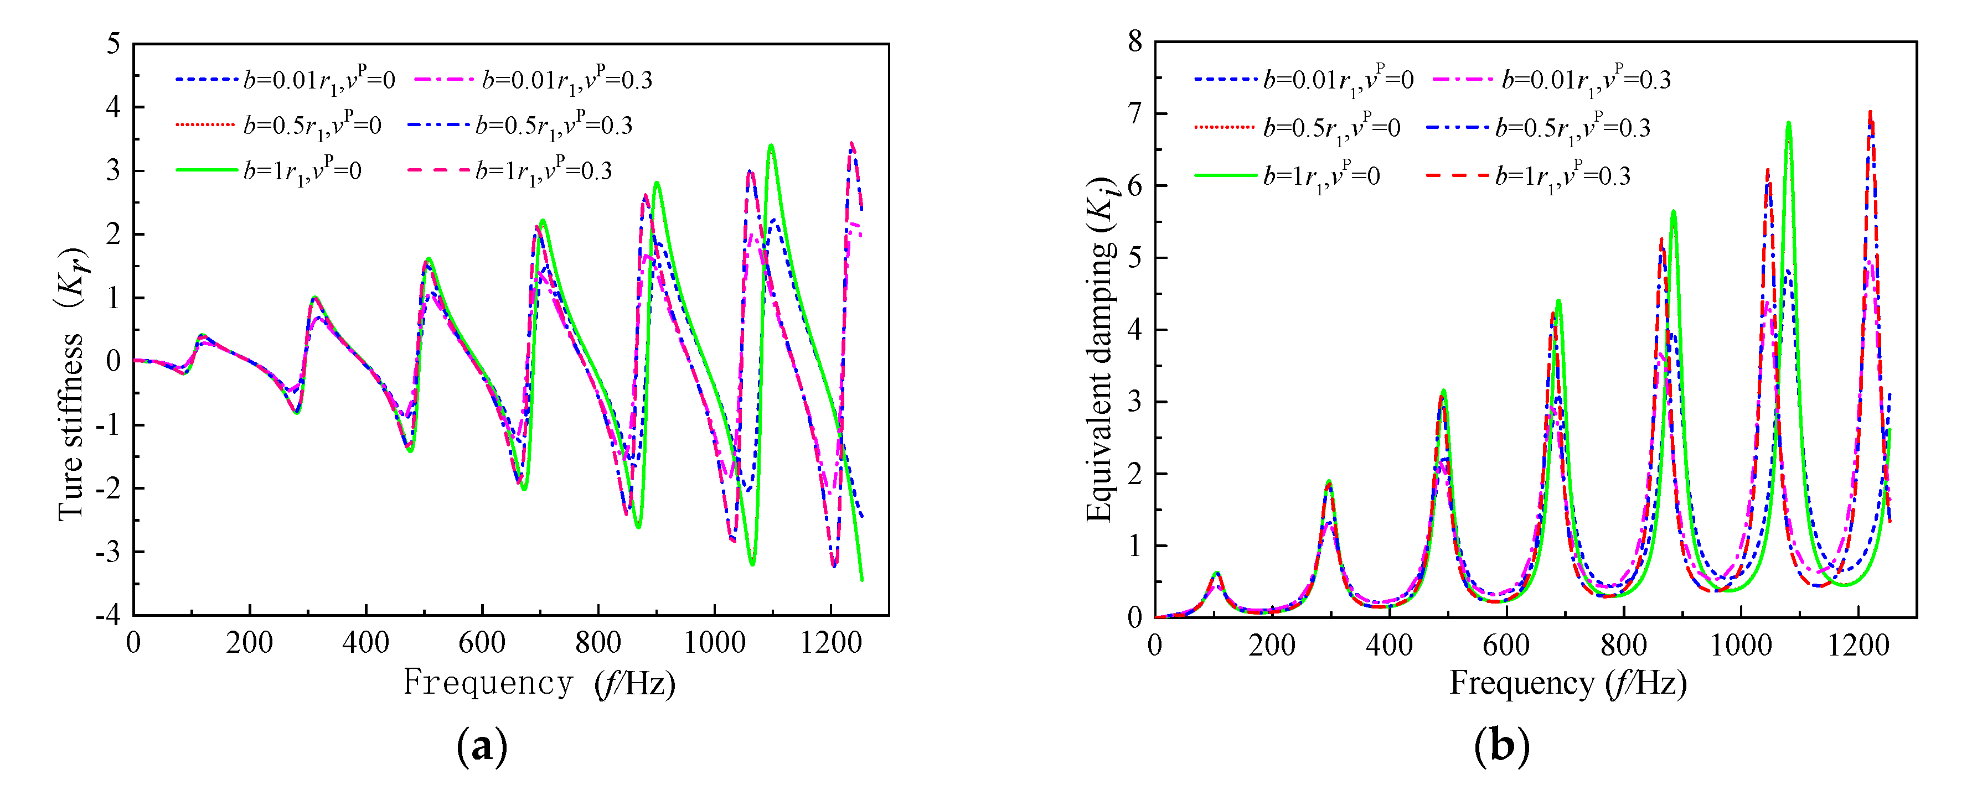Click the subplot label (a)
click(482, 745)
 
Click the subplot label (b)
click(1501, 745)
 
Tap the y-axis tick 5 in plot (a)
click(113, 44)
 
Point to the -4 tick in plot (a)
click(108, 615)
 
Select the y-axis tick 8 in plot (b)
click(1135, 41)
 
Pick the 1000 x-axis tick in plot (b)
click(1741, 645)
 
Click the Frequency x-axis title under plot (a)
click(540, 683)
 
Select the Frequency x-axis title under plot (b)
click(1568, 683)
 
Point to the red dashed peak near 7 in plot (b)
click(1870, 112)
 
